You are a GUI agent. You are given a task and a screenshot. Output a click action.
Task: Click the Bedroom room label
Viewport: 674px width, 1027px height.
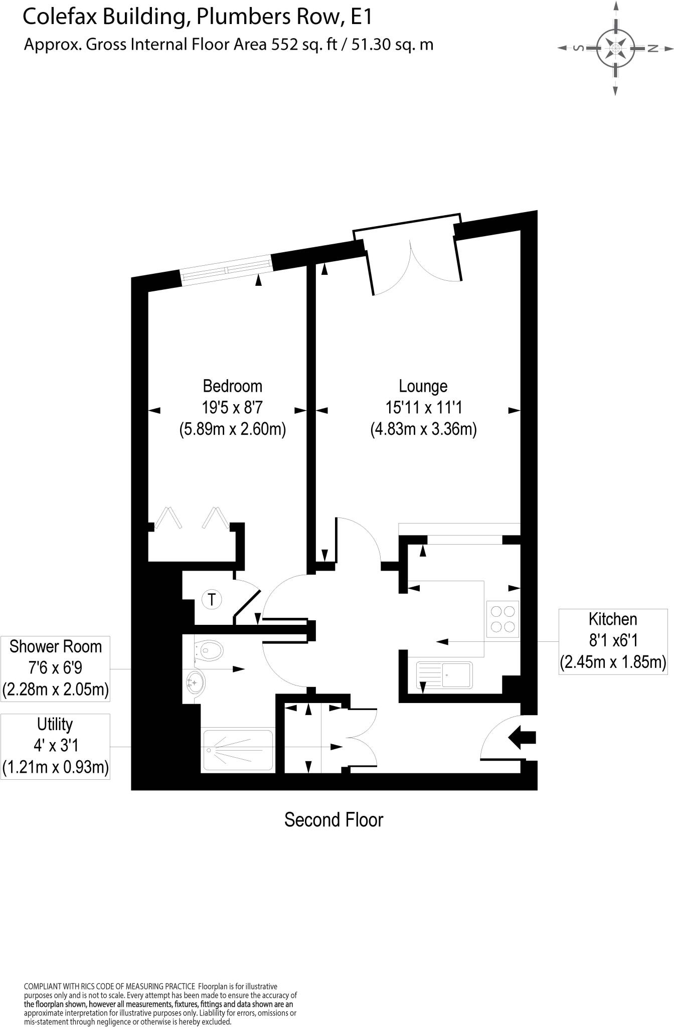point(232,386)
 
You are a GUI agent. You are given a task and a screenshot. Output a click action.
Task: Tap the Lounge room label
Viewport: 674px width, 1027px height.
point(423,386)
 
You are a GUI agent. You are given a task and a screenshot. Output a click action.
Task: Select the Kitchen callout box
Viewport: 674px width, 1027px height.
point(613,641)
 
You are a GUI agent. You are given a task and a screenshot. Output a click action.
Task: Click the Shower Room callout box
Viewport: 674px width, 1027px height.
point(55,668)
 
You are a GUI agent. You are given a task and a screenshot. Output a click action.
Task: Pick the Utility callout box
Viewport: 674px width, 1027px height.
point(55,746)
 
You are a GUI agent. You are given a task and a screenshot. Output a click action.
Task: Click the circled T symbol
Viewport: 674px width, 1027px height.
point(212,599)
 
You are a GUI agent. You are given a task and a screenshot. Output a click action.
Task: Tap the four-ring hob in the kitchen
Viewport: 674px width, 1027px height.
point(502,619)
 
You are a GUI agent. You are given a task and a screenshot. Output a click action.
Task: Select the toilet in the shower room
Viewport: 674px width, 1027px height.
point(209,650)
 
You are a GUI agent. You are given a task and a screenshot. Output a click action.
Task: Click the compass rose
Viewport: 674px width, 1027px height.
point(615,49)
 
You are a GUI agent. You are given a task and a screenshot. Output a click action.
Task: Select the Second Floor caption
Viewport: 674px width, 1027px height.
point(333,820)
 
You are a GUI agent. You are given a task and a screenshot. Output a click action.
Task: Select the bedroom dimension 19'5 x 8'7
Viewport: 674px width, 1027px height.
point(232,408)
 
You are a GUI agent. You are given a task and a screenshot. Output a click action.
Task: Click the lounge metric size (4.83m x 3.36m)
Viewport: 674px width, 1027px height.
point(423,429)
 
